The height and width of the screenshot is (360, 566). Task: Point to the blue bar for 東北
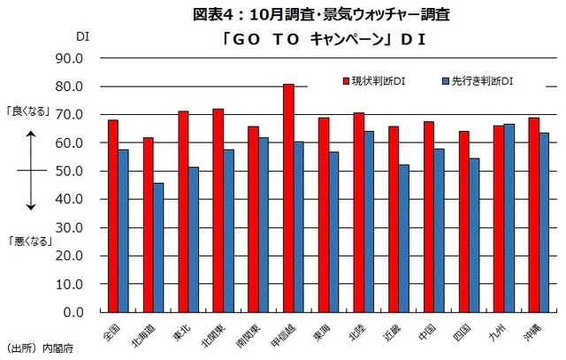point(194,240)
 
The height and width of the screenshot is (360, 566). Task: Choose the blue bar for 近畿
point(403,238)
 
